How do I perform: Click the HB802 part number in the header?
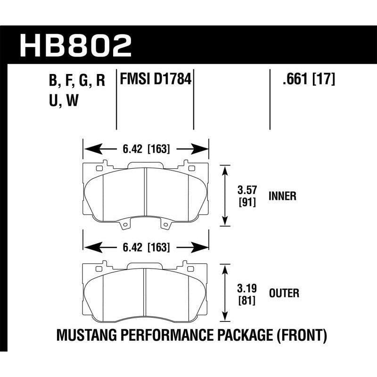75,46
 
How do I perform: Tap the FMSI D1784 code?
156,79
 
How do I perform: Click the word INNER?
282,196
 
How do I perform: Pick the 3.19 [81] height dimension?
247,294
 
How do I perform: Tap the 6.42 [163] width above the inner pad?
146,150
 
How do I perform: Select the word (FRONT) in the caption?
302,336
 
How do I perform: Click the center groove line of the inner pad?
146,193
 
